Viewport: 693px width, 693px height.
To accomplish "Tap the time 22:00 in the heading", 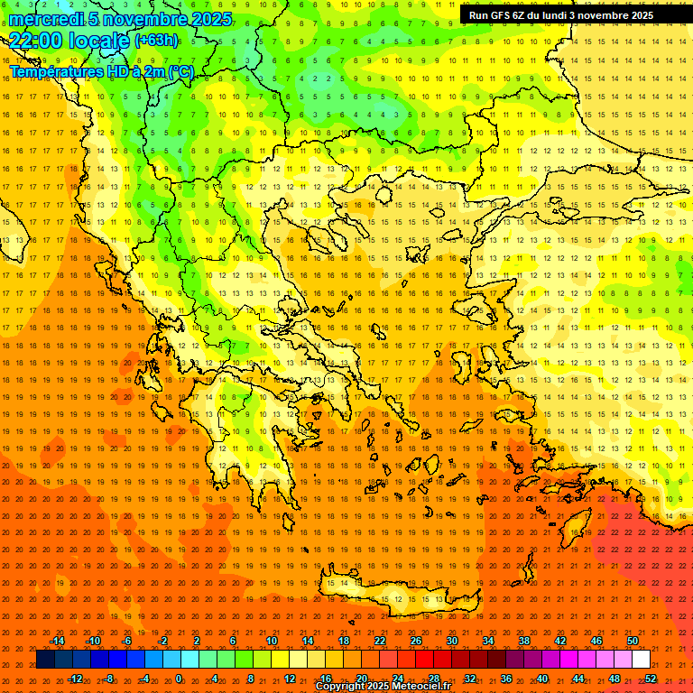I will coord(39,40).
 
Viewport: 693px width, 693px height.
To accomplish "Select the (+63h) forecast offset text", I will coord(155,41).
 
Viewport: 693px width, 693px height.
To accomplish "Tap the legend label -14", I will coord(57,641).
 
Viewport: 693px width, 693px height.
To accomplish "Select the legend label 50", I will coord(633,641).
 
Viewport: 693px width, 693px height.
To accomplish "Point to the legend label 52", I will coord(651,679).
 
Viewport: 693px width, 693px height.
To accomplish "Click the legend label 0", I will coord(179,679).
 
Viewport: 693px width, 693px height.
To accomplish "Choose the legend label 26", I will coord(415,641).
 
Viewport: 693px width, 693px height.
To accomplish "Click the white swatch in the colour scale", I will coord(642,660).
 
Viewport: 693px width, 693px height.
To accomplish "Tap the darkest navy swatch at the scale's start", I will coord(45,660).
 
